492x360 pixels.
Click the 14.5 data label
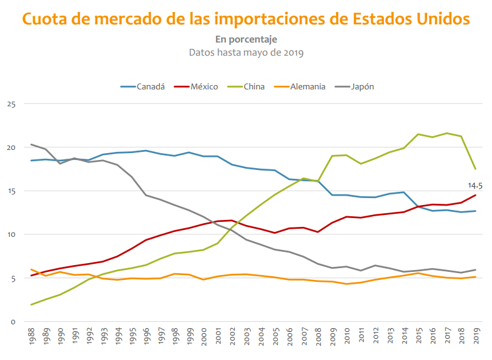click(475, 186)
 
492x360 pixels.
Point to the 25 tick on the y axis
click(11, 104)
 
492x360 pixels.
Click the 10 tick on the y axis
click(11, 234)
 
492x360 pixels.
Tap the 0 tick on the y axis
click(12, 322)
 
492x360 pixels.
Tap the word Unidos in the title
click(441, 19)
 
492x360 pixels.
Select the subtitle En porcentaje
click(246, 39)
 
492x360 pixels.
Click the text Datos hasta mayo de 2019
click(246, 52)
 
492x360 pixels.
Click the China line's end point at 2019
click(476, 169)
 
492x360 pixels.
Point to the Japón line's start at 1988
click(31, 144)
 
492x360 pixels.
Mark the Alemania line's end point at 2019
click(476, 277)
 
